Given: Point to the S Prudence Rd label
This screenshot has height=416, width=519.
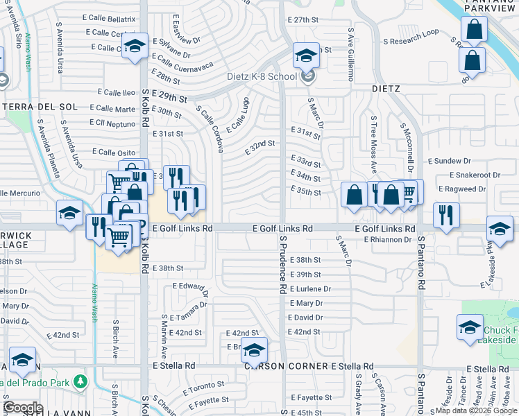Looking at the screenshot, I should tap(283, 263).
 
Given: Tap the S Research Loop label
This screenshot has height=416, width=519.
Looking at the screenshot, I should tap(414, 32).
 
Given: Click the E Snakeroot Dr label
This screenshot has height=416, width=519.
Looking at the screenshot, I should tap(475, 175).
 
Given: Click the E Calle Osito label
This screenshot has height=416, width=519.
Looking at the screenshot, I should tap(113, 152).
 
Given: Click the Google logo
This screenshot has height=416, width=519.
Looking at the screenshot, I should tap(24, 407).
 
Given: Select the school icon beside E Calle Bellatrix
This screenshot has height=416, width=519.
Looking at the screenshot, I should tap(133, 47).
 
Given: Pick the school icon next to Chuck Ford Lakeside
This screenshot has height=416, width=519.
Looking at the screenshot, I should tap(470, 327).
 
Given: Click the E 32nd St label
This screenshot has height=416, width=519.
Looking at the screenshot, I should tap(261, 147).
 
